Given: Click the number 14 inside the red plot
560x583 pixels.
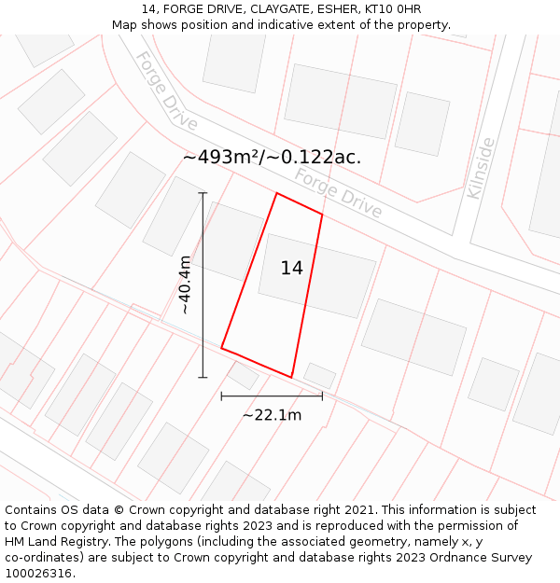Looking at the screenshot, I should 291,269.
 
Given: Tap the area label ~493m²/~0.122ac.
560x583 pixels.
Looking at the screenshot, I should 272,158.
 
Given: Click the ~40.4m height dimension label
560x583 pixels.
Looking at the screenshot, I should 185,285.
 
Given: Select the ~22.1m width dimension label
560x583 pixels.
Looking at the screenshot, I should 272,415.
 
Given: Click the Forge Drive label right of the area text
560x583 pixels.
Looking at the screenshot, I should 338,193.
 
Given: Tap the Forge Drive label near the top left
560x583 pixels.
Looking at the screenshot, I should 166,90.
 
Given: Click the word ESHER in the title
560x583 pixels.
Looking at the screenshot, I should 336,9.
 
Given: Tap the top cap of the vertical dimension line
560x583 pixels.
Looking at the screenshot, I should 203,193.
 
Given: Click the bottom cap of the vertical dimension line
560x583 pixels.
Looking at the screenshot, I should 203,377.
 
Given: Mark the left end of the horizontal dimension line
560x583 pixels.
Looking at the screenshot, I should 221,396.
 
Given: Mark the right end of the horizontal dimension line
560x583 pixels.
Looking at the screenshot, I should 322,396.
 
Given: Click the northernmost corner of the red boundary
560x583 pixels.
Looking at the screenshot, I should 276,193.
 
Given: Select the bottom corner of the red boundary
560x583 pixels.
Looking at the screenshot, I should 292,377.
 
